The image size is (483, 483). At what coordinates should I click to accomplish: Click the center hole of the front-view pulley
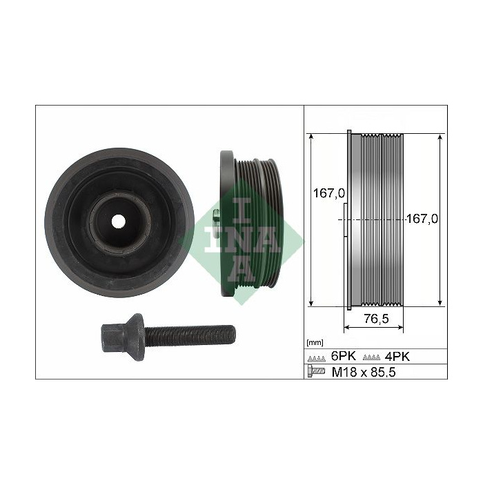pyautogui.click(x=118, y=221)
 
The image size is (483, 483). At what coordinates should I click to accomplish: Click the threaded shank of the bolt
pyautogui.click(x=190, y=335)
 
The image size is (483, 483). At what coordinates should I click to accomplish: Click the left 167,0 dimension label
pyautogui.click(x=329, y=193)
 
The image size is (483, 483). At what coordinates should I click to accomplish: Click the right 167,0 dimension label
pyautogui.click(x=422, y=219)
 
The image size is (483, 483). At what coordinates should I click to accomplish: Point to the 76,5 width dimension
pyautogui.click(x=377, y=319)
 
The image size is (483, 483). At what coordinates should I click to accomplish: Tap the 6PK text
pyautogui.click(x=343, y=356)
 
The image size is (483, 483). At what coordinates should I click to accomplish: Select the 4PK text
pyautogui.click(x=397, y=357)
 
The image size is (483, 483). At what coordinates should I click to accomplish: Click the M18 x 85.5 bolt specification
pyautogui.click(x=364, y=372)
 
